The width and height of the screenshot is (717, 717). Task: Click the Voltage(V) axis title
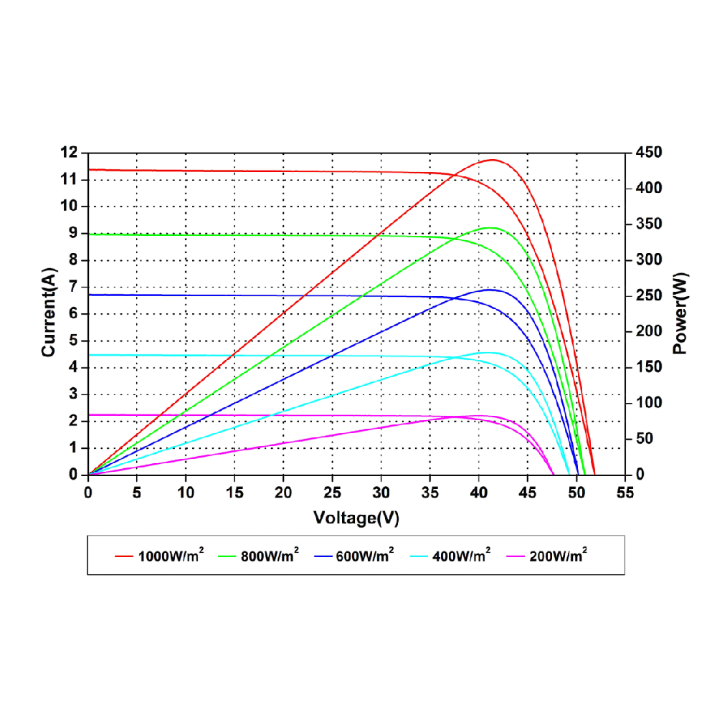[x=356, y=518]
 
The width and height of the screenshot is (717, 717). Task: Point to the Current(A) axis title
[x=49, y=314]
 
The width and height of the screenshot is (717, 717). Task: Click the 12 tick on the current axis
[x=69, y=153]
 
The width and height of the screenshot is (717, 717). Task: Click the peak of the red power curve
[x=493, y=160]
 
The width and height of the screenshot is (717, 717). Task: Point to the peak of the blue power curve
[x=490, y=290]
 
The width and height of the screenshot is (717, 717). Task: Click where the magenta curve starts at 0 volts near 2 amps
[x=89, y=414]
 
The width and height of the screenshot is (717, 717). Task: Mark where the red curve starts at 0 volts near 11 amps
[x=89, y=170]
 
